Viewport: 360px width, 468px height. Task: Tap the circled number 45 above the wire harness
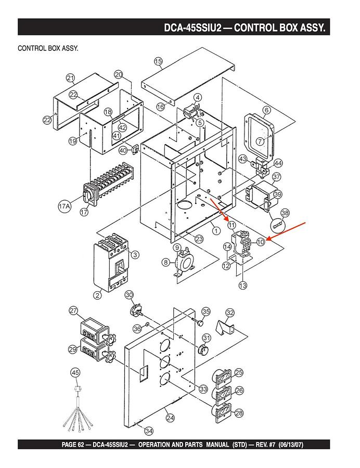(x=76, y=372)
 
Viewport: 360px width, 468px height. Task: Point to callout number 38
(x=285, y=213)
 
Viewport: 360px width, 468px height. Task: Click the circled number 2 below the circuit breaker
(x=97, y=295)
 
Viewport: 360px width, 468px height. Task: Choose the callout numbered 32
(x=230, y=313)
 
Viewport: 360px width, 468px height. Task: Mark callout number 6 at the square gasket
(x=266, y=110)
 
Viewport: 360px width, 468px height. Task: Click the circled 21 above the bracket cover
(x=70, y=77)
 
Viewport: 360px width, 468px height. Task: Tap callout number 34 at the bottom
(x=149, y=431)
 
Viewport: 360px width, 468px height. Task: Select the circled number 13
(x=243, y=285)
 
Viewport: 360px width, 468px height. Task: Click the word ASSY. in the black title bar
(x=313, y=27)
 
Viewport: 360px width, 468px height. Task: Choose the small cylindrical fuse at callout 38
(x=279, y=225)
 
